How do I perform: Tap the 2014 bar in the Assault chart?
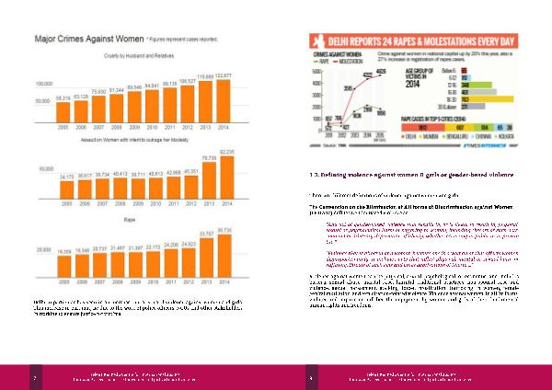[x=224, y=175]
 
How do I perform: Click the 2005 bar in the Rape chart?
[x=63, y=263]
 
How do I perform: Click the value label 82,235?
[x=224, y=150]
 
